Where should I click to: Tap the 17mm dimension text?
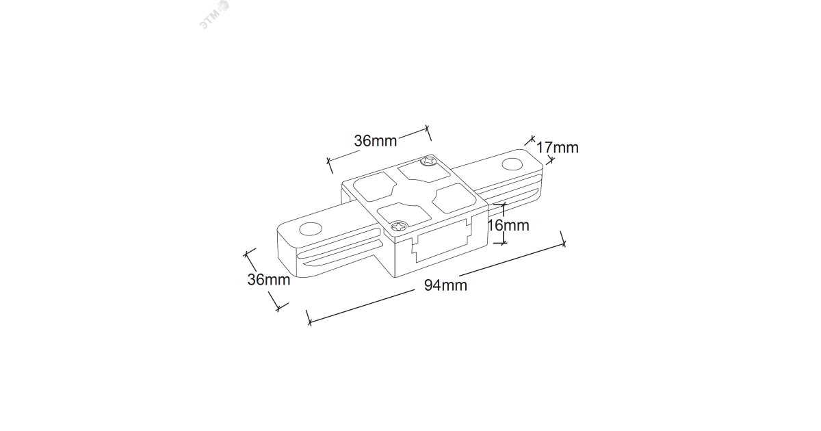[557, 147]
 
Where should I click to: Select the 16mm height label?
[507, 225]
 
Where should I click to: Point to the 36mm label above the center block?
[376, 141]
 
